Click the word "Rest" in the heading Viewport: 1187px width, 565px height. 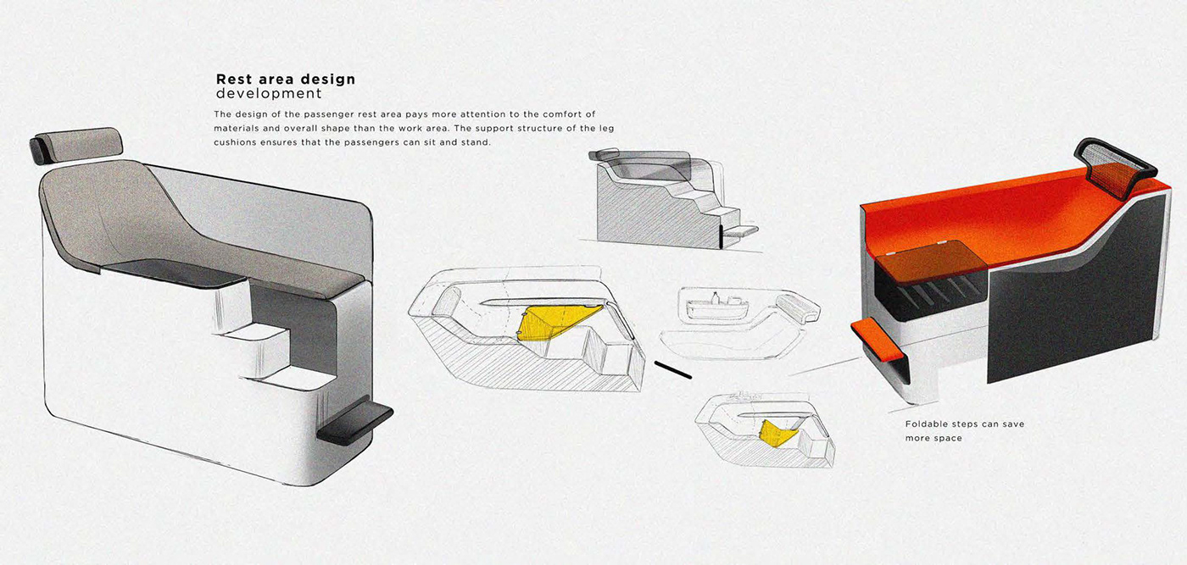235,80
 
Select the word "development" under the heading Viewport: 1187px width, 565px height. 269,93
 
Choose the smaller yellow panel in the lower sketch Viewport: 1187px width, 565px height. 779,432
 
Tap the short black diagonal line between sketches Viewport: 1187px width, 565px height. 673,370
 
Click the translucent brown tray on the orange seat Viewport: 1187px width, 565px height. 932,258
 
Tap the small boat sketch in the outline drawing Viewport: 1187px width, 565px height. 717,307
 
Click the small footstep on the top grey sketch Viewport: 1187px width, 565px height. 738,229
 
